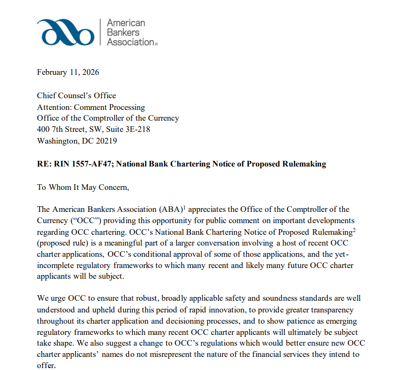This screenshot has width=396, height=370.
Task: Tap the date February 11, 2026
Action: click(x=68, y=72)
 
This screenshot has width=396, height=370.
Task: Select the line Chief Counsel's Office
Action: click(x=76, y=95)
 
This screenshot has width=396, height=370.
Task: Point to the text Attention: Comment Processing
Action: click(x=91, y=107)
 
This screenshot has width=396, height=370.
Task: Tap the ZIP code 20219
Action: click(x=108, y=141)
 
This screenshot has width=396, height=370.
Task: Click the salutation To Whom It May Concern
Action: click(x=82, y=187)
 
